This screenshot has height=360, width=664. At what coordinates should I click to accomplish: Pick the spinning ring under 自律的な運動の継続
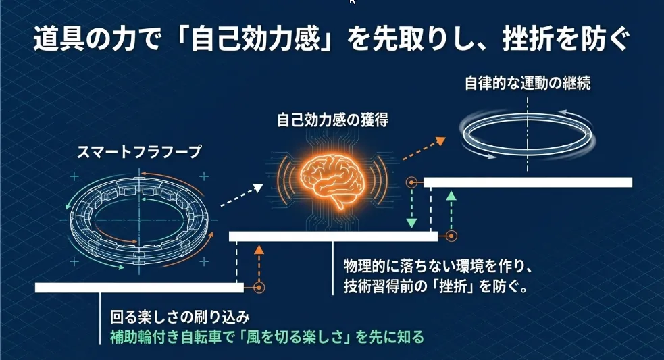pos(527,134)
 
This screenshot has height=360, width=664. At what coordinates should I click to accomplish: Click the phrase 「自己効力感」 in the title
pos(263,39)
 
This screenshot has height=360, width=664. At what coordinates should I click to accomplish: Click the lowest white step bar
pos(138,288)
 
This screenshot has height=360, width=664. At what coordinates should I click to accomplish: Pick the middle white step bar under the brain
pos(333,236)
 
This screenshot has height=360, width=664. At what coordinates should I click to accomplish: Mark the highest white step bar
pos(527,182)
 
